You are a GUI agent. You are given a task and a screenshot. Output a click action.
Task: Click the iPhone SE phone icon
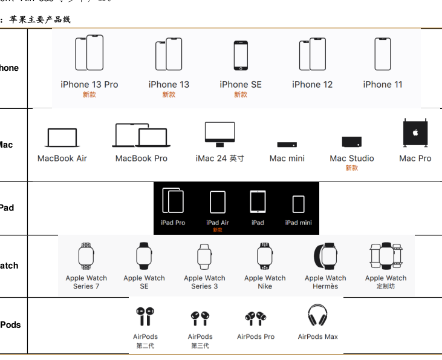[241, 56]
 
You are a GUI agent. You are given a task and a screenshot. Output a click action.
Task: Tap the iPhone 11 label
[382, 85]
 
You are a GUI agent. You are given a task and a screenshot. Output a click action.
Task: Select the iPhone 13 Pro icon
[89, 53]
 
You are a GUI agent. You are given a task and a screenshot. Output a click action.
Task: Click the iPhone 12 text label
[312, 85]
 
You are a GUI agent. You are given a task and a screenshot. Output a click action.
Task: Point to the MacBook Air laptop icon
[62, 138]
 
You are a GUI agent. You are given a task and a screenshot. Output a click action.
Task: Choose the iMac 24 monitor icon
[219, 134]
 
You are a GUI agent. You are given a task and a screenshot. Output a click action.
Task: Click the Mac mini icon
[287, 145]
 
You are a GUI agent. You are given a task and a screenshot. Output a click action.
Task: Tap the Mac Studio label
[352, 159]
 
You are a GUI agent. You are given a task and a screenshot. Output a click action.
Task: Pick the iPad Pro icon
[172, 200]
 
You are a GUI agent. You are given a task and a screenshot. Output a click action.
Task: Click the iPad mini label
[299, 223]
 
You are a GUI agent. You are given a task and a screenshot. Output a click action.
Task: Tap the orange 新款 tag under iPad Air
[218, 230]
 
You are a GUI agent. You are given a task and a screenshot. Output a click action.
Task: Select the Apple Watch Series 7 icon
[86, 256]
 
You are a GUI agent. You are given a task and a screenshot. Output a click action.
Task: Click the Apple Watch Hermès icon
[326, 257]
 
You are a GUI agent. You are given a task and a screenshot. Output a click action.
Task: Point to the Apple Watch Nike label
[265, 282]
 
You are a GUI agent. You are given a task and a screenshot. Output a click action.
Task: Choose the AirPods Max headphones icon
[317, 316]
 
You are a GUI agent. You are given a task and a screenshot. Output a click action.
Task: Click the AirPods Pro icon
[256, 316]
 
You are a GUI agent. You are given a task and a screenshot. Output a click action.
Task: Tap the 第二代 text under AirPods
[145, 346]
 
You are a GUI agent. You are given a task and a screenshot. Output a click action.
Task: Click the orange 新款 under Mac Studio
[352, 168]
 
